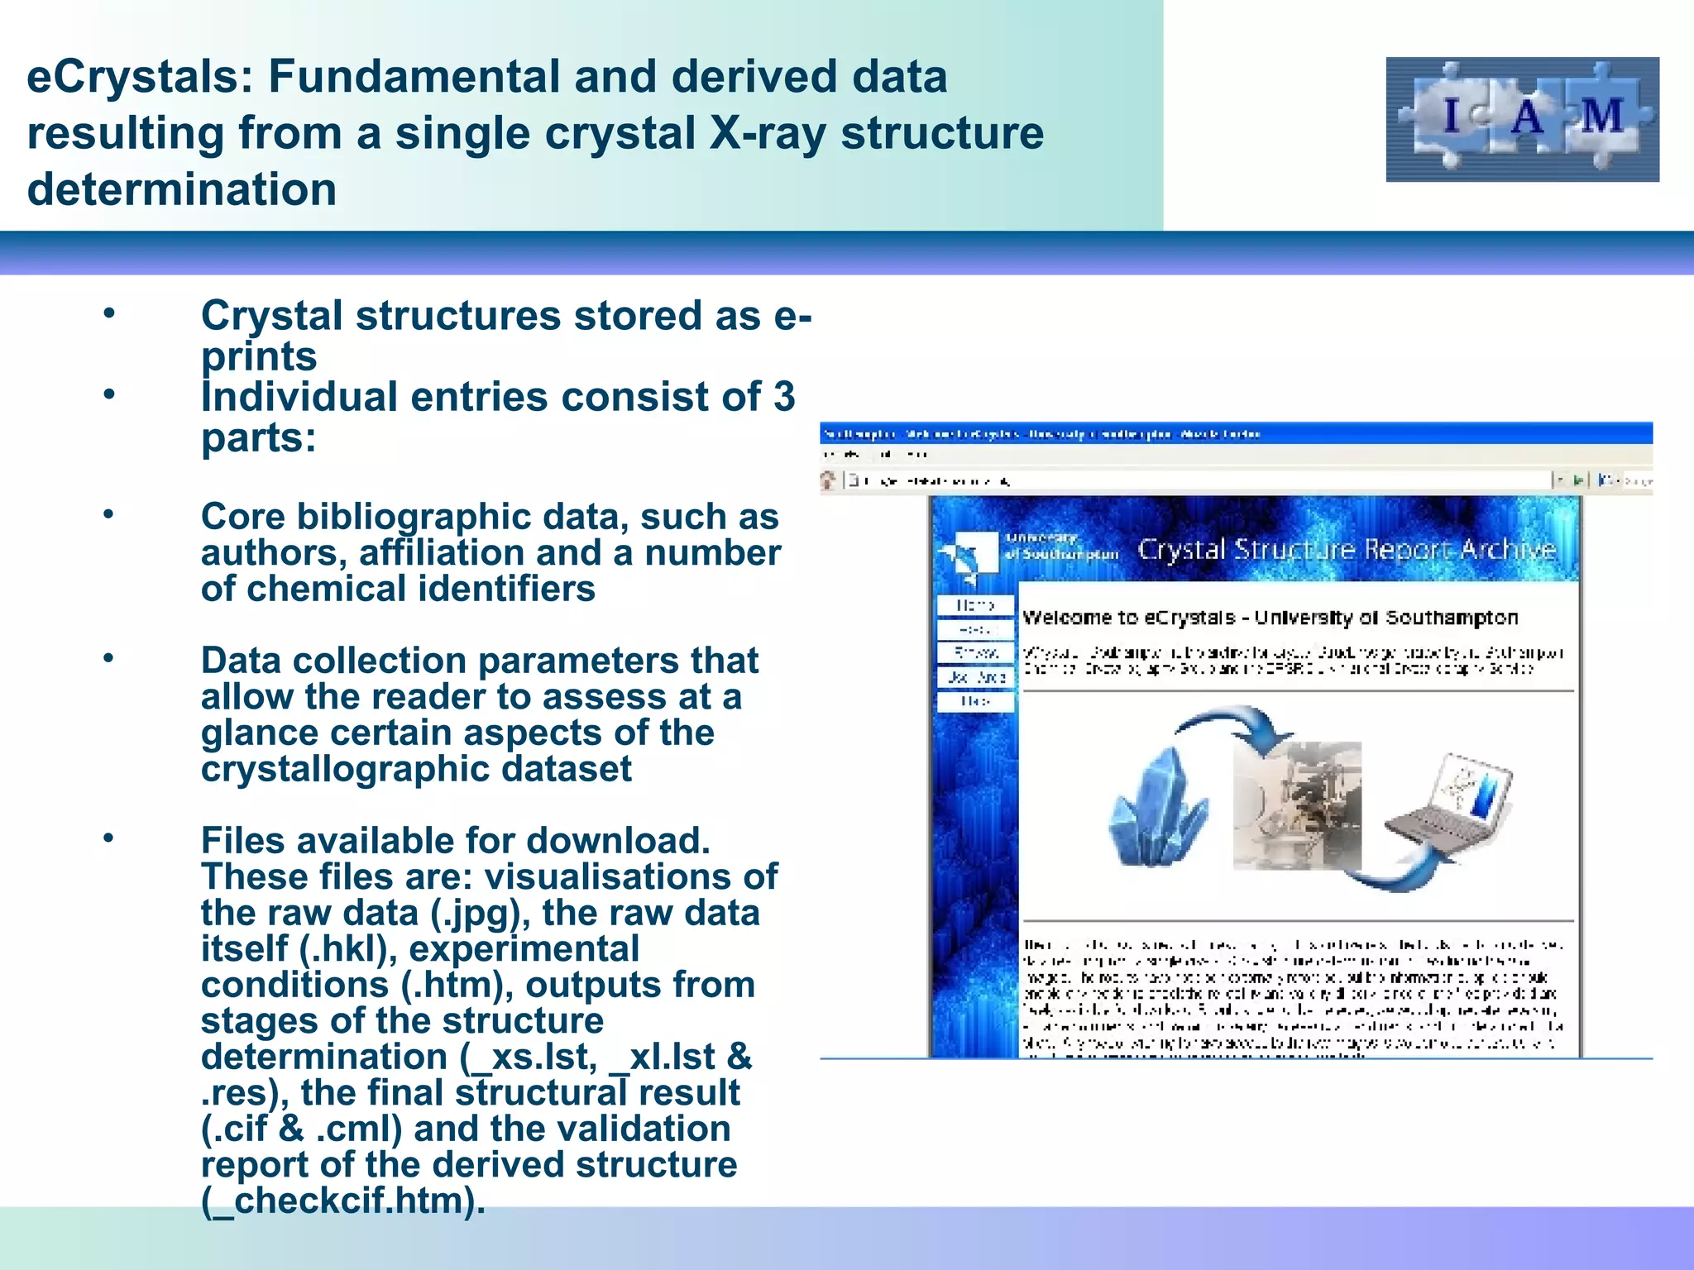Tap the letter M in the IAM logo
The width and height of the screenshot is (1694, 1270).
coord(1601,116)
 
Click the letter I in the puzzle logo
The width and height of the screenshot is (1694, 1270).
coord(1451,116)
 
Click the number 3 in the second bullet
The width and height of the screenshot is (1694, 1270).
coord(783,397)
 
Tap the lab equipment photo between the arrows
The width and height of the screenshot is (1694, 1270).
coord(1296,805)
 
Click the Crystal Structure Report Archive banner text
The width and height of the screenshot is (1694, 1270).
coord(1347,549)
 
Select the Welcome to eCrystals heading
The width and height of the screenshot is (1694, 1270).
coord(1270,618)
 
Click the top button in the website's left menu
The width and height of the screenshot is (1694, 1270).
coord(975,605)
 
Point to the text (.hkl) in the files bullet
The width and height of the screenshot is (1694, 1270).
coord(347,949)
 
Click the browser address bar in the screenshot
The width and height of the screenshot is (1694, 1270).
coord(1191,480)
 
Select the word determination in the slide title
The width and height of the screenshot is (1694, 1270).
coord(182,190)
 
